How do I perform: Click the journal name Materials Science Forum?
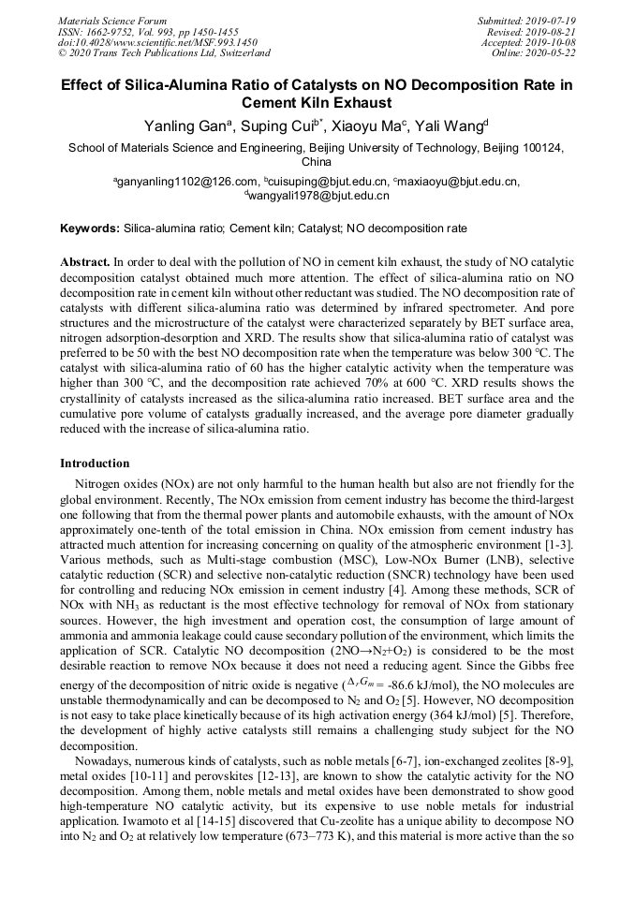pyautogui.click(x=112, y=21)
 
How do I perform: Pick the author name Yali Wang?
pyautogui.click(x=450, y=125)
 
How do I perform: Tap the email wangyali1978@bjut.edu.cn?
pyautogui.click(x=317, y=196)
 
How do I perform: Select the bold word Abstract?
pyautogui.click(x=85, y=263)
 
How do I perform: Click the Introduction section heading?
pyautogui.click(x=95, y=463)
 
